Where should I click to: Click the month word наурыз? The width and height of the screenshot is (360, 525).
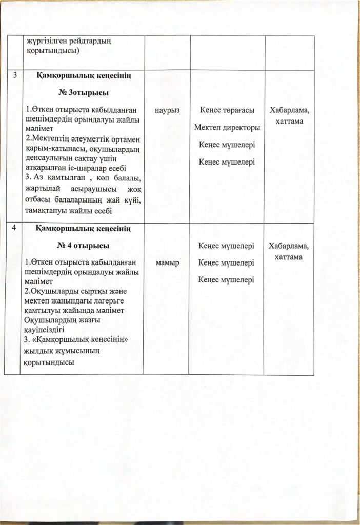click(x=166, y=110)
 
